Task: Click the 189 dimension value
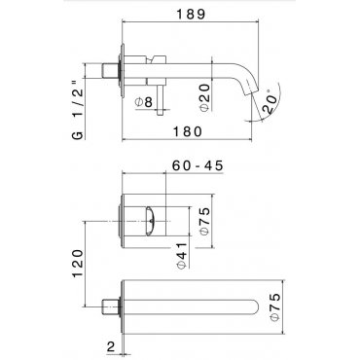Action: click(191, 15)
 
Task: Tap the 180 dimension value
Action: click(188, 132)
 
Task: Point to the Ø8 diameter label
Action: click(144, 102)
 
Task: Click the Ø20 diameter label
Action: click(205, 97)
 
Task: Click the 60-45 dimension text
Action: click(198, 165)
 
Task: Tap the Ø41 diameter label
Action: click(182, 255)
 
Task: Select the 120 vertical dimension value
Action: click(78, 264)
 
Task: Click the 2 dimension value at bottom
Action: click(111, 347)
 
